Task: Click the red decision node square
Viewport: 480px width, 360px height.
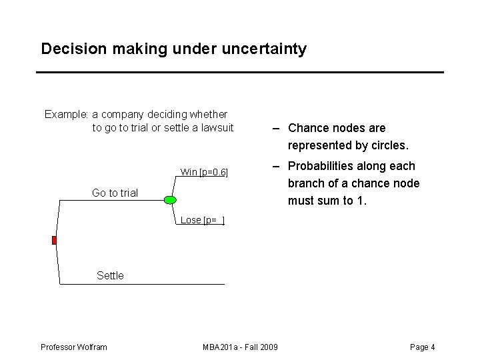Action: (x=55, y=240)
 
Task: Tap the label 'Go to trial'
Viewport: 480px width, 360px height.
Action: (x=115, y=193)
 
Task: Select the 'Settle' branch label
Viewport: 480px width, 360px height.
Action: (x=110, y=275)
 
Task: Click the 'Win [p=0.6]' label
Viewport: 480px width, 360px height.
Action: (x=204, y=172)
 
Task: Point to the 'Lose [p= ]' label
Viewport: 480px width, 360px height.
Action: (x=203, y=220)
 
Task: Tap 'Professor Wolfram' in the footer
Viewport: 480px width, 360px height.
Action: (x=74, y=347)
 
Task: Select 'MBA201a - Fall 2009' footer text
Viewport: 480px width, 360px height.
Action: (x=240, y=347)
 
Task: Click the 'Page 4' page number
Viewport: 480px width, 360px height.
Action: (x=423, y=347)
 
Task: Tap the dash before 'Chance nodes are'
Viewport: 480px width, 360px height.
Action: (x=274, y=128)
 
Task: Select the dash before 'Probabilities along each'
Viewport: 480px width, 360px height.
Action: (x=274, y=166)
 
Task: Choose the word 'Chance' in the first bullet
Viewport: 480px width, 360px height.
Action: (x=307, y=128)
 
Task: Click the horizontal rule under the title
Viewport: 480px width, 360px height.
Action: (x=240, y=72)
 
